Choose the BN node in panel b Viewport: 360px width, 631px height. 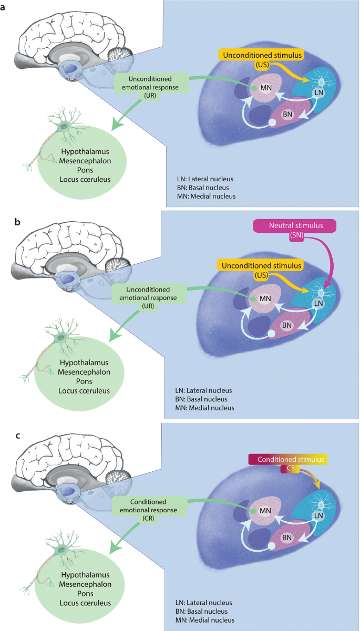(287, 326)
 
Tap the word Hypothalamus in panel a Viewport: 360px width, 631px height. (84, 152)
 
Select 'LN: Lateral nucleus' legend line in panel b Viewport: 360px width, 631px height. (203, 390)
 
